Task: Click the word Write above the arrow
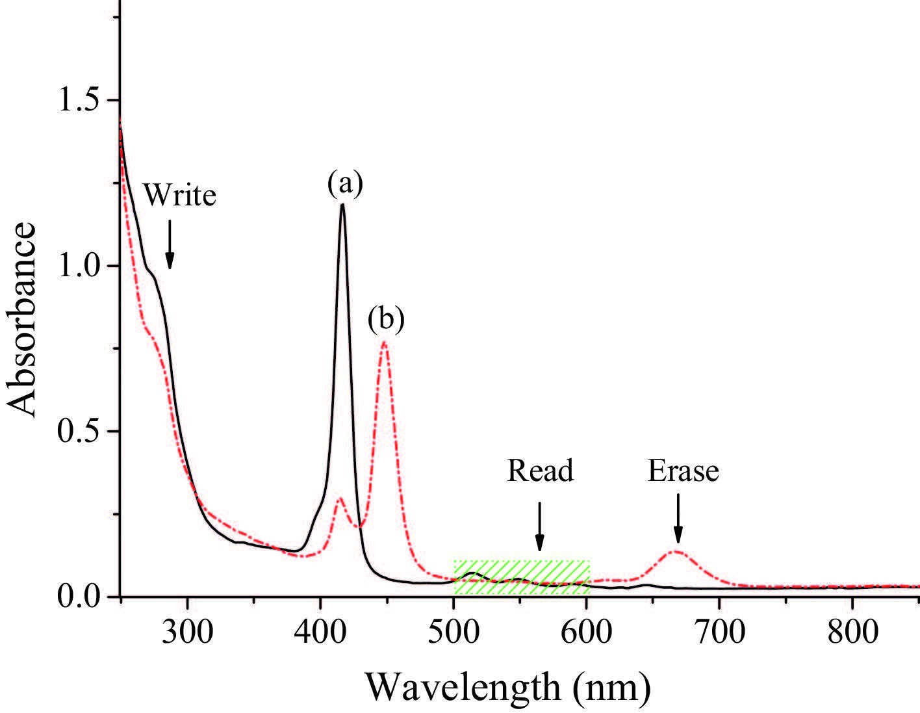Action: pyautogui.click(x=179, y=194)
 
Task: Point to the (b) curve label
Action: pyautogui.click(x=385, y=319)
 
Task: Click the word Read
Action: pyautogui.click(x=540, y=470)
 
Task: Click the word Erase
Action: pyautogui.click(x=683, y=470)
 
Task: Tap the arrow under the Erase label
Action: pyautogui.click(x=678, y=518)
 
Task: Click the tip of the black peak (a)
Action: pyautogui.click(x=342, y=205)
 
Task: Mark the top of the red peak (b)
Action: pyautogui.click(x=384, y=342)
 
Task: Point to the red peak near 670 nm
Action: pyautogui.click(x=677, y=552)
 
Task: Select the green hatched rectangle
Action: pyautogui.click(x=521, y=577)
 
